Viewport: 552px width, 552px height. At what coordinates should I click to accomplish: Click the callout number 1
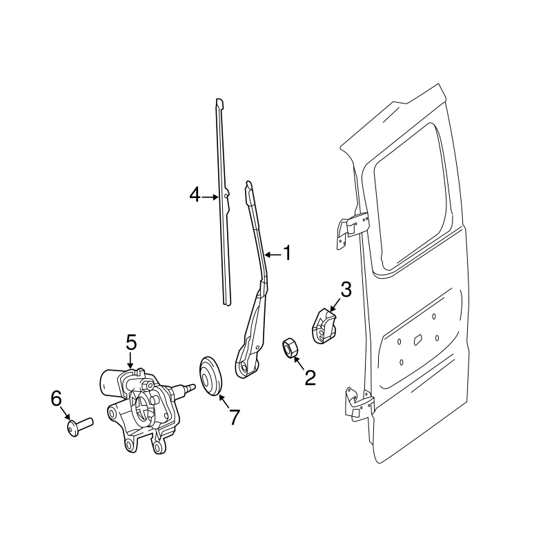click(286, 254)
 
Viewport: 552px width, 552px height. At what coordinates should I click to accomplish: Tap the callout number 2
click(310, 377)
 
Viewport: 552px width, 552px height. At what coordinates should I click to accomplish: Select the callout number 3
click(345, 290)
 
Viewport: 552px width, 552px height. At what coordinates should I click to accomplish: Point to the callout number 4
click(195, 196)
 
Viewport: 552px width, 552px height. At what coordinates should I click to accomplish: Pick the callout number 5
click(131, 342)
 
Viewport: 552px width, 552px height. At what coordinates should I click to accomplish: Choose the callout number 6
click(57, 398)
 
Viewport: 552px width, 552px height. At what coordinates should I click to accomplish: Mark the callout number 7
click(234, 416)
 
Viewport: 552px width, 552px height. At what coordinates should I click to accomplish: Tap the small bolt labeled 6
click(78, 423)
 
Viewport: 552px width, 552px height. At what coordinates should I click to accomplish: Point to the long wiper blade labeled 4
click(224, 207)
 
